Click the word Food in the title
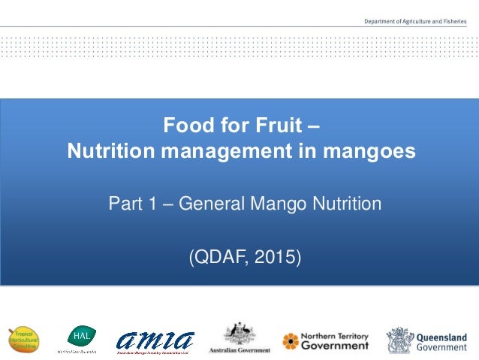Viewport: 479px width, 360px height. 185,123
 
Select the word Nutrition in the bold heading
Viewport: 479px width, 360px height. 109,151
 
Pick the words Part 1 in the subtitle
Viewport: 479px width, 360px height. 134,203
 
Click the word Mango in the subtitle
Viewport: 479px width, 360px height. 285,203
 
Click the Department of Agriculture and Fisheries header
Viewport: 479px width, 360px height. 416,23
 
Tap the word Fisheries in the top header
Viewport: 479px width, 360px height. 453,23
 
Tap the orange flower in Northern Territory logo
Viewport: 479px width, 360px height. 291,341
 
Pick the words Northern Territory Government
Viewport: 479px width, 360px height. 335,341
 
